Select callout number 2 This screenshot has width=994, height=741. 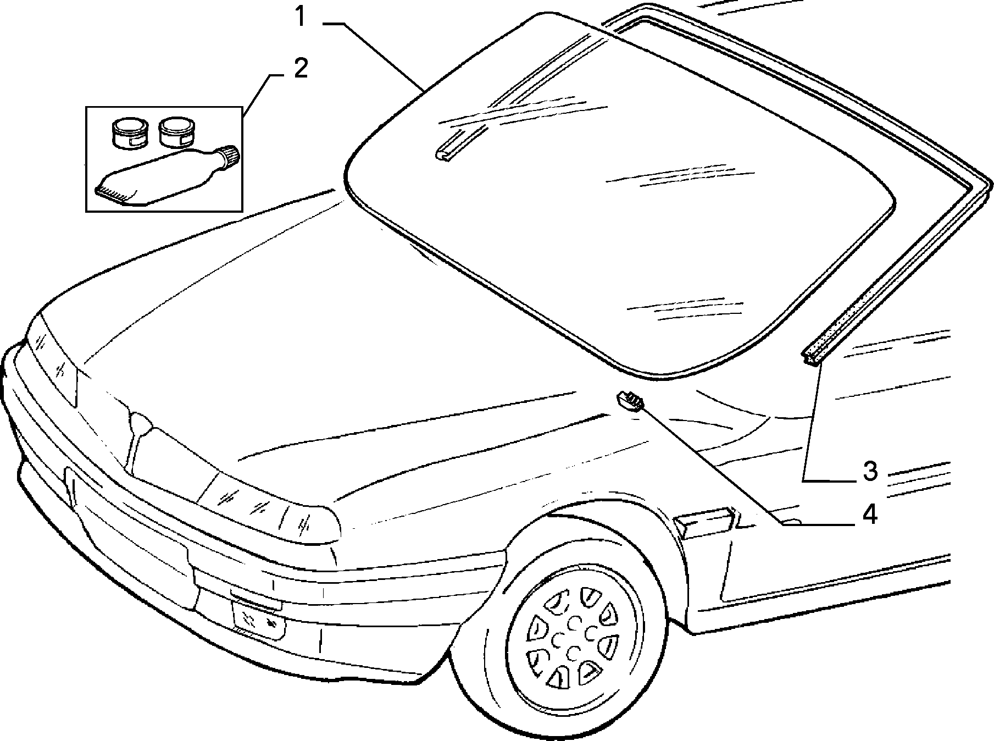tap(301, 70)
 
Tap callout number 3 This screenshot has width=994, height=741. tap(870, 471)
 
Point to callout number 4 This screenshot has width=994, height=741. tap(869, 515)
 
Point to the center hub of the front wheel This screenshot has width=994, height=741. tap(573, 638)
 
